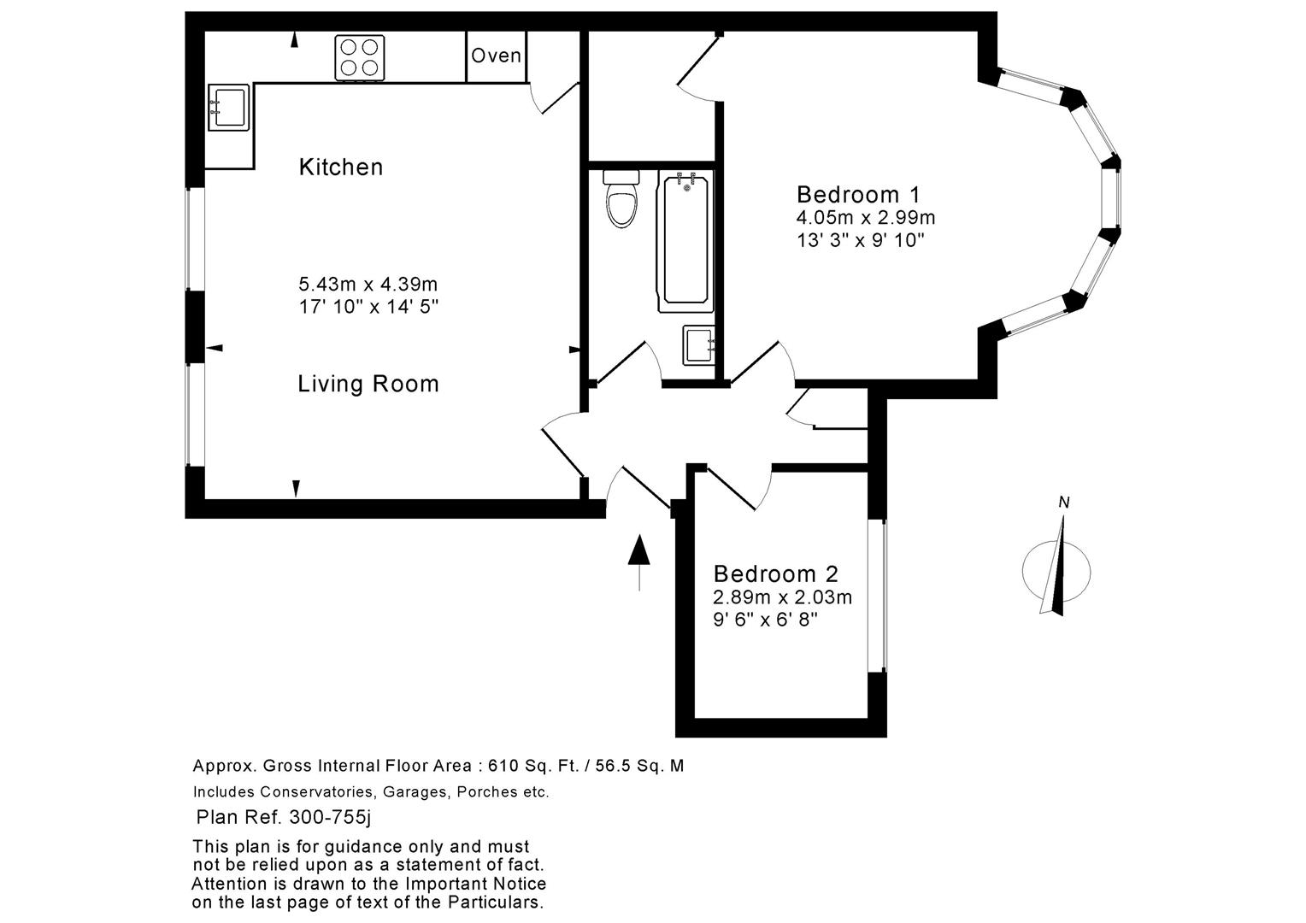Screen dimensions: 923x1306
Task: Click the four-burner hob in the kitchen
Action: point(358,57)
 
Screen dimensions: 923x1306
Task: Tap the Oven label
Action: point(496,56)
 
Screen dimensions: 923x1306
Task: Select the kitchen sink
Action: point(227,108)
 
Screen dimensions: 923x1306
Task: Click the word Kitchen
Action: point(341,167)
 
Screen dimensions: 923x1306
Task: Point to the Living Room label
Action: point(368,384)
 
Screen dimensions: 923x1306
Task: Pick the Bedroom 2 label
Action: point(776,573)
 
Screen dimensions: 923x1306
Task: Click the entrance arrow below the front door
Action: point(639,561)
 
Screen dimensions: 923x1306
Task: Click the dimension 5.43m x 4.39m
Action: point(368,284)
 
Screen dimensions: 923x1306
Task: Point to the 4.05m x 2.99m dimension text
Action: point(866,217)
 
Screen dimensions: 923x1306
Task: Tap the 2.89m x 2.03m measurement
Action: point(782,597)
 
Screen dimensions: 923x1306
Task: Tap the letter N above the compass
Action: point(1064,503)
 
